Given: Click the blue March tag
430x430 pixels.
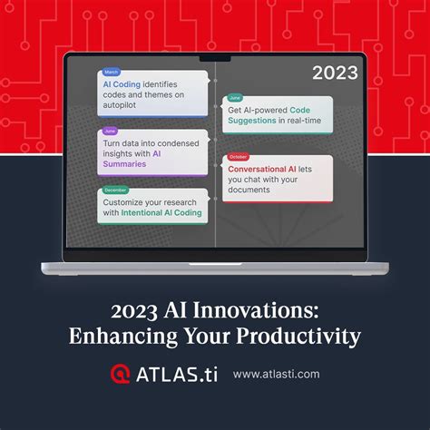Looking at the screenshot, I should pos(111,73).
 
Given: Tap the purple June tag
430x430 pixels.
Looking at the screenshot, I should pos(110,132).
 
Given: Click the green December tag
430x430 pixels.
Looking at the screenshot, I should pos(115,190).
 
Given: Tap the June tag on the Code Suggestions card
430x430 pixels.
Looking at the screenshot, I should pos(234,98).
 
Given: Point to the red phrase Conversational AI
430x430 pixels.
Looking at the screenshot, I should pos(264,168).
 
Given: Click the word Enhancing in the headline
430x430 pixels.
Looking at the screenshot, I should pos(120,336).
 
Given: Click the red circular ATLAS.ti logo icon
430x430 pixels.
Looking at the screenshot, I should pos(120,373).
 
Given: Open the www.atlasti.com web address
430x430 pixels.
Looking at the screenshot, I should pos(276,374).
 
